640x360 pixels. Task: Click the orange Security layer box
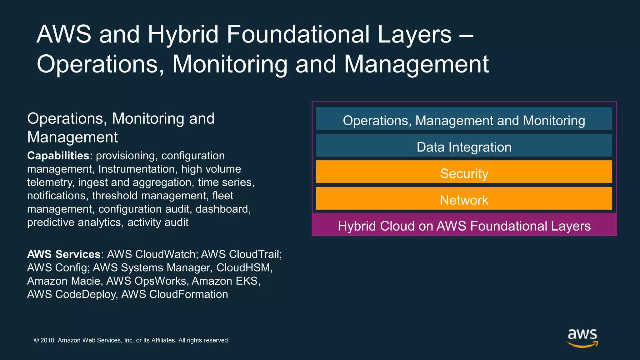pyautogui.click(x=464, y=172)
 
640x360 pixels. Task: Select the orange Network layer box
pyautogui.click(x=464, y=199)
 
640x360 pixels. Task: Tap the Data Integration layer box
pyautogui.click(x=464, y=146)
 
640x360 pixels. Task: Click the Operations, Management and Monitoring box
pyautogui.click(x=464, y=119)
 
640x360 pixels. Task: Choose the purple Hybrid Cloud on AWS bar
pyautogui.click(x=464, y=225)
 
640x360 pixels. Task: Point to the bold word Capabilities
pyautogui.click(x=58, y=156)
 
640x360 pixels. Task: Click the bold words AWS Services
pyautogui.click(x=64, y=254)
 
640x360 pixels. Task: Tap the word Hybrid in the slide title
pyautogui.click(x=183, y=34)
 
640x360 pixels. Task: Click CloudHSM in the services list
pyautogui.click(x=243, y=267)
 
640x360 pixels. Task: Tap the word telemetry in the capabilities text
pyautogui.click(x=50, y=182)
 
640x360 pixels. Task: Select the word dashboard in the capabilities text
pyautogui.click(x=222, y=209)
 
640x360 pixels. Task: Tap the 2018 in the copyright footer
pyautogui.click(x=48, y=340)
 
